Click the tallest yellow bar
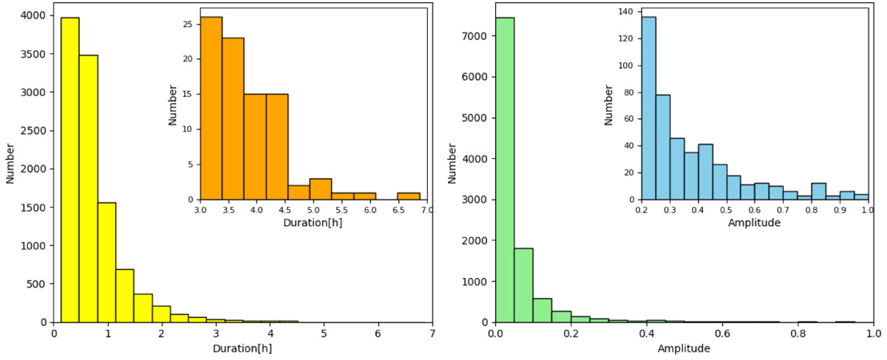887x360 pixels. [70, 170]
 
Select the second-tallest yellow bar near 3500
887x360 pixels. [89, 189]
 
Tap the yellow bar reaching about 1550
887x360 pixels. [106, 262]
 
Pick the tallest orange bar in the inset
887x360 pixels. [211, 108]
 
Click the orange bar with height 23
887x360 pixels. [233, 118]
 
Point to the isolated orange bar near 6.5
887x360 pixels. [408, 196]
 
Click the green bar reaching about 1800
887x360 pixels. [523, 285]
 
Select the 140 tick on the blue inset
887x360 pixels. [626, 12]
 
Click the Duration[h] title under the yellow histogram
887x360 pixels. [242, 348]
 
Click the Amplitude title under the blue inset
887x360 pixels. [754, 222]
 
